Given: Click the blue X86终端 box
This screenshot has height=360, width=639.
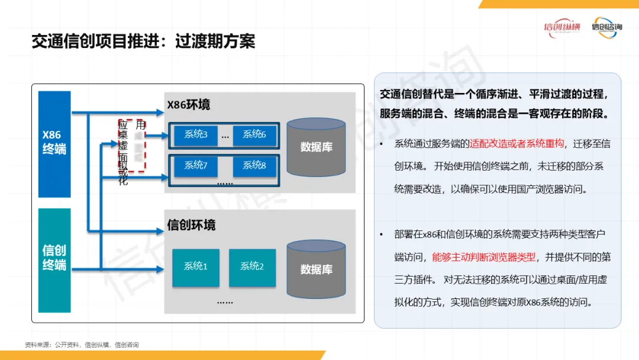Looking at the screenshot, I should (54, 144).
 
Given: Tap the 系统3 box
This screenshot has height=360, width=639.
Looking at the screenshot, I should (196, 135).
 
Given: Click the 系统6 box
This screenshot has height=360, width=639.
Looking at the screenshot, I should (254, 135).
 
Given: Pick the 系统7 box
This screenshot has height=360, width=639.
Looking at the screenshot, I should (196, 166).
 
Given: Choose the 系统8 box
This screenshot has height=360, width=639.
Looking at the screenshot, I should (254, 166).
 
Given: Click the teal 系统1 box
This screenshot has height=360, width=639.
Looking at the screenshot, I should (196, 267).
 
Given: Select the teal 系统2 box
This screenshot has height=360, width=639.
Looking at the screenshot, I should (252, 267).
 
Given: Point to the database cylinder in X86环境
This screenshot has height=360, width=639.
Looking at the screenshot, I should (316, 147).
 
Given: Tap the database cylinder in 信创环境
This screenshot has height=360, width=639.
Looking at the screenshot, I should (316, 269).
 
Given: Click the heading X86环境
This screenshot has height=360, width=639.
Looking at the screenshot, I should (188, 105).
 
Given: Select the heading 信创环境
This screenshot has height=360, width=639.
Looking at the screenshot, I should (191, 225).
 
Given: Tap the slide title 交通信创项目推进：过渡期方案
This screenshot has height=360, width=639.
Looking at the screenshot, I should (143, 41).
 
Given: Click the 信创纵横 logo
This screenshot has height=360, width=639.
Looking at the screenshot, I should (561, 27).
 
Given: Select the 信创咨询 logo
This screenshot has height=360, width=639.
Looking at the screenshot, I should (606, 27).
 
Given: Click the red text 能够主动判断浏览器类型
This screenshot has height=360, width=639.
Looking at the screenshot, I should (484, 257).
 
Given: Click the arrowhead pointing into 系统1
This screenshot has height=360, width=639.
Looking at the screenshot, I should (160, 269).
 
